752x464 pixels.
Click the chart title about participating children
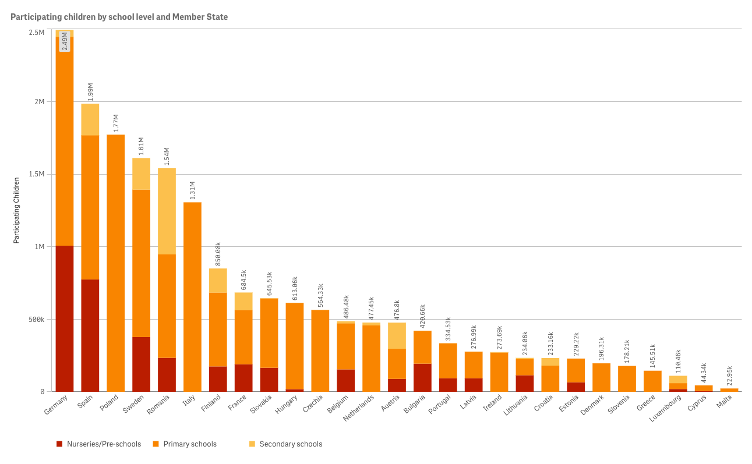click(x=119, y=17)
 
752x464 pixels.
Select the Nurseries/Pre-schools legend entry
click(x=98, y=444)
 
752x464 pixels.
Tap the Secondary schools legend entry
click(x=285, y=444)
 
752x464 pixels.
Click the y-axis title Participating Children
click(x=17, y=210)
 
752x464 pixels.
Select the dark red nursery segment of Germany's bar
click(x=64, y=318)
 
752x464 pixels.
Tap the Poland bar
click(x=115, y=263)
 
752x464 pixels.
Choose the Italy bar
click(x=192, y=297)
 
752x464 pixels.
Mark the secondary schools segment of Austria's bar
click(x=397, y=335)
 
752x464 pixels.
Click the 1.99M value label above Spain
click(x=90, y=92)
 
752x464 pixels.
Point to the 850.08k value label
click(x=218, y=254)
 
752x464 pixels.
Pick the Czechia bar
click(x=320, y=350)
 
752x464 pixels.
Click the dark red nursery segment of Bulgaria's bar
click(x=423, y=377)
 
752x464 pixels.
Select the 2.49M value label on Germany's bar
click(x=65, y=41)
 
